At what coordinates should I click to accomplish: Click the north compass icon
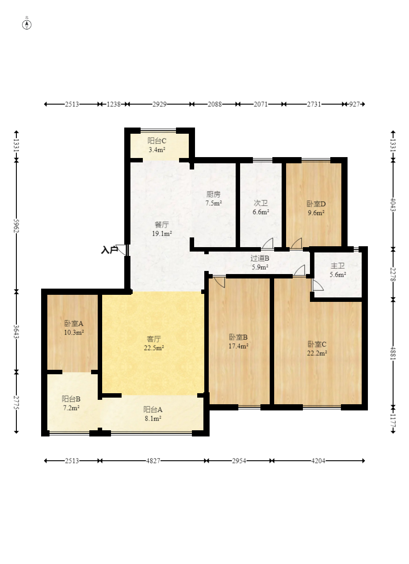(27, 25)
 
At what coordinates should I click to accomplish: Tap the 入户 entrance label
(110, 250)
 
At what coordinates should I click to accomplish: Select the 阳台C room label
(157, 141)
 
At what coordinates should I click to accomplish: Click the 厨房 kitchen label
(214, 194)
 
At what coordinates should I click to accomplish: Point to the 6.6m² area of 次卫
(261, 212)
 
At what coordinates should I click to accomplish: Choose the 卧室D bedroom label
(316, 204)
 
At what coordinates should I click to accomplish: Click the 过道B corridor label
(260, 258)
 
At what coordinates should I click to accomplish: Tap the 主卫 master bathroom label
(338, 266)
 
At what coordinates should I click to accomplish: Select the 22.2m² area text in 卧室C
(317, 353)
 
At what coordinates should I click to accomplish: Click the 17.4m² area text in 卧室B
(238, 346)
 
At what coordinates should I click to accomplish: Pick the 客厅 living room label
(154, 339)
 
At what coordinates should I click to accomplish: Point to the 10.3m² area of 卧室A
(74, 332)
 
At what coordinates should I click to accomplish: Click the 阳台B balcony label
(71, 399)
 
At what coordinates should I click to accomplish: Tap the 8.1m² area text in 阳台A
(153, 418)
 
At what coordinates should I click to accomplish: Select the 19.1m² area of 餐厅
(162, 233)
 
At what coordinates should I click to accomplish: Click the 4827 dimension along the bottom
(153, 461)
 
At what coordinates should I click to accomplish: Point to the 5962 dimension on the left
(16, 226)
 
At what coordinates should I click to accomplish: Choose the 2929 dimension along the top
(160, 104)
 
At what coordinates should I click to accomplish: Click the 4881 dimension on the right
(393, 353)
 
